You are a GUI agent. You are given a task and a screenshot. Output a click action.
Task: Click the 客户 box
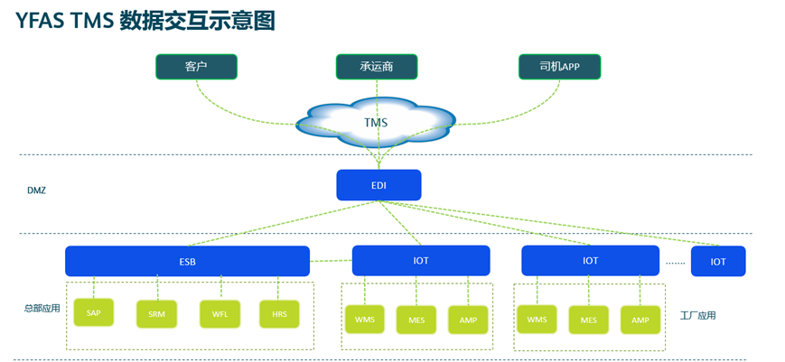tap(196, 67)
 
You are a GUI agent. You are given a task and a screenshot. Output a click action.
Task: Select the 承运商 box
tap(376, 67)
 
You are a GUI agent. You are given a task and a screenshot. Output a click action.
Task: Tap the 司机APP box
tap(559, 67)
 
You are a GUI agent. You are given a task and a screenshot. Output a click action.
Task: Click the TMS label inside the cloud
tap(376, 123)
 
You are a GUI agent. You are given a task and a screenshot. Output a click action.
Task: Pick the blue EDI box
tap(378, 185)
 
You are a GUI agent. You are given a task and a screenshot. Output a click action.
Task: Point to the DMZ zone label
tap(36, 190)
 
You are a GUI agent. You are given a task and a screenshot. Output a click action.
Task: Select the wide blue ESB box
tap(187, 261)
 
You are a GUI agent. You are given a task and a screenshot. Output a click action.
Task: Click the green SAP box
tap(94, 312)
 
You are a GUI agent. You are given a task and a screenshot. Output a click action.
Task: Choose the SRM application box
tap(156, 314)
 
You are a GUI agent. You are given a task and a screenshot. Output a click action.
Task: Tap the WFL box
tap(220, 314)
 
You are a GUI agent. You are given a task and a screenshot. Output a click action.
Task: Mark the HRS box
tap(279, 314)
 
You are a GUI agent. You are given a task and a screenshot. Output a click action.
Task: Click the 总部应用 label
tap(42, 309)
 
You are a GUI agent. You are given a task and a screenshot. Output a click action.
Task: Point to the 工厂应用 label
tap(698, 315)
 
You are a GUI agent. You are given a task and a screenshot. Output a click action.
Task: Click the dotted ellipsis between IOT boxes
tap(676, 262)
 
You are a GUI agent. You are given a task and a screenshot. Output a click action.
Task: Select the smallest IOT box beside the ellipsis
tap(718, 261)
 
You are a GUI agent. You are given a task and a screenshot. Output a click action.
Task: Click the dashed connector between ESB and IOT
tap(331, 261)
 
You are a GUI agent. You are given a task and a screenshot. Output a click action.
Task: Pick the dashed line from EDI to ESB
tap(283, 223)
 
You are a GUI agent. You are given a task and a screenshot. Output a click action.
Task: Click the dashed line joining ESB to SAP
tap(94, 287)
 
